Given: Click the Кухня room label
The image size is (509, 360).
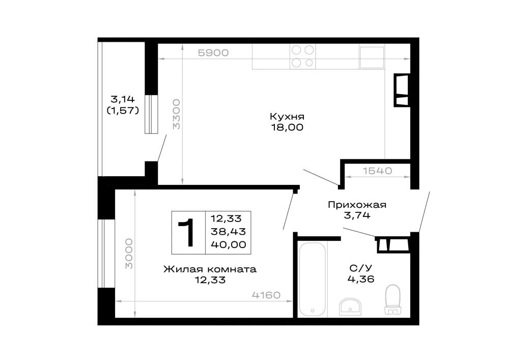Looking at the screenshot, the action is point(287,117).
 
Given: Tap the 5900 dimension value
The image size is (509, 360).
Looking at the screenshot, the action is point(213,52).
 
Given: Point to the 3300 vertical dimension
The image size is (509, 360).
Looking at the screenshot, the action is point(176,115).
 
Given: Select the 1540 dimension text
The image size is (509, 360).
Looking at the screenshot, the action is point(377,171).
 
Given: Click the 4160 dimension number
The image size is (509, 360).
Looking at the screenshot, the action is point(266,295).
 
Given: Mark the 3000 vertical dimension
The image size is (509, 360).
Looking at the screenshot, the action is point(129,254).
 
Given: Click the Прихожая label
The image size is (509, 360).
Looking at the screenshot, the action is point(357,205).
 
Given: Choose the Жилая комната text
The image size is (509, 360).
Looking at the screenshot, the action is point(210,269).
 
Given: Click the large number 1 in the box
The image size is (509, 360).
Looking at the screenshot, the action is point(187,232).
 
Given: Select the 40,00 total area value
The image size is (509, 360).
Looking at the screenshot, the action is point(229,244).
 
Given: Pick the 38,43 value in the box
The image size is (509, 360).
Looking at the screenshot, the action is point(229,232).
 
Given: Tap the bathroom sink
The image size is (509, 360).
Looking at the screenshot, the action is point(350,307).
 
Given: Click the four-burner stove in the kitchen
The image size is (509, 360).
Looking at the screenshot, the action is point(302,57).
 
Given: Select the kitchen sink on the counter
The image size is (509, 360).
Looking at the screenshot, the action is point(372,57).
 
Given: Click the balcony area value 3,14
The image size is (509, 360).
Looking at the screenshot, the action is point(123,99).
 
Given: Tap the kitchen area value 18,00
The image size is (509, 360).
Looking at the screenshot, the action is point(287,127).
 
